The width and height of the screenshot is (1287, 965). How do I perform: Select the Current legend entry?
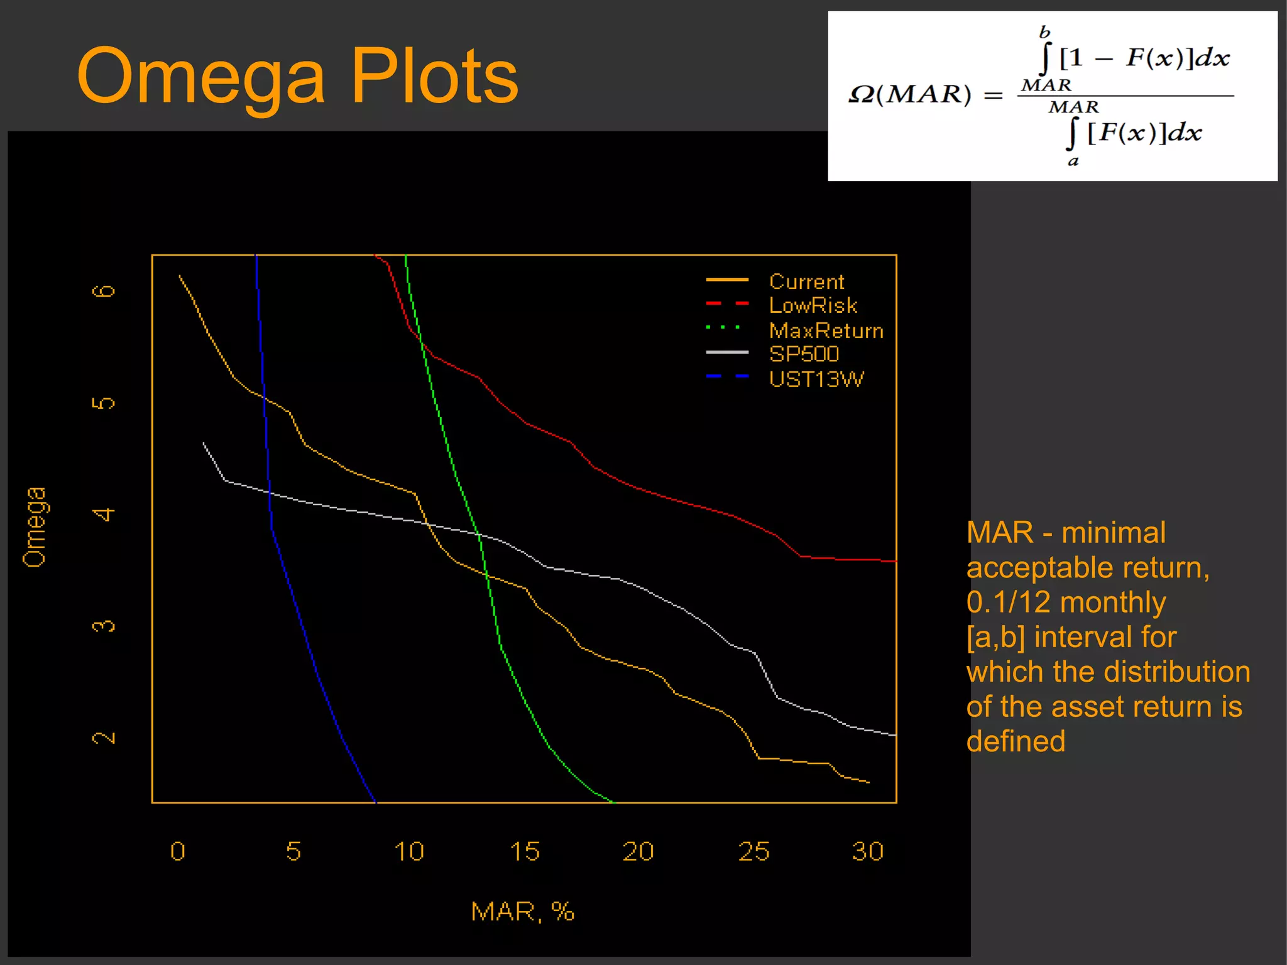(x=806, y=281)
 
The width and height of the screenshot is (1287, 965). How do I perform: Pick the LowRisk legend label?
(x=813, y=305)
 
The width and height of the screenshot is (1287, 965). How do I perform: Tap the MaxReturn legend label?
(x=826, y=330)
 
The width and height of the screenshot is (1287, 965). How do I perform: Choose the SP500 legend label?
(x=804, y=354)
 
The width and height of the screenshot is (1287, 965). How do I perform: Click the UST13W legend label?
(x=816, y=379)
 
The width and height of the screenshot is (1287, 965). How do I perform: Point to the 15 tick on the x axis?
(x=524, y=851)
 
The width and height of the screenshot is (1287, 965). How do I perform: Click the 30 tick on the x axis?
(x=867, y=851)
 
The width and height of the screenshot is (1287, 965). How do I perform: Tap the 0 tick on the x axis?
(x=178, y=851)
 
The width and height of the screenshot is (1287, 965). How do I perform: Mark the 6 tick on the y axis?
(x=104, y=291)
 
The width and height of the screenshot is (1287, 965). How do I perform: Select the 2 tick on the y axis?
(x=104, y=737)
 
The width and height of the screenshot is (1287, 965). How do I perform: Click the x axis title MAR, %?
(x=522, y=911)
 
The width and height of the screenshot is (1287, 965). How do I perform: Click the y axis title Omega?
(x=35, y=526)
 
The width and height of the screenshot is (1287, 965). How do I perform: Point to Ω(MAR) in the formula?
(x=909, y=95)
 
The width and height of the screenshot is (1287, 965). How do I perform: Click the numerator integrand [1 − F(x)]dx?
(x=1144, y=58)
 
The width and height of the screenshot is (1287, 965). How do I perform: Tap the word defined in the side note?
(x=1016, y=741)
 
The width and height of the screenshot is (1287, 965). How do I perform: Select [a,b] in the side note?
(x=995, y=636)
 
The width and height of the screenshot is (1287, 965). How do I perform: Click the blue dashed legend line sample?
(x=727, y=376)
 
